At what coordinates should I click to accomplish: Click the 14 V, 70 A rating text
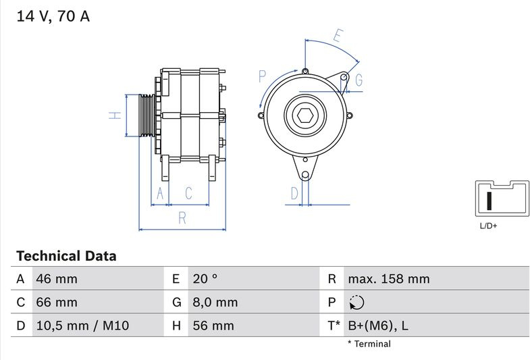click(x=53, y=16)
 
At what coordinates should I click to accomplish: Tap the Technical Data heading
click(x=66, y=256)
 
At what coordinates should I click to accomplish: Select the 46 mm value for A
click(x=57, y=279)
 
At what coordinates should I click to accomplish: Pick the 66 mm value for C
click(x=57, y=302)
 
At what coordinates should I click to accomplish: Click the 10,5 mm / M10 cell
click(x=82, y=326)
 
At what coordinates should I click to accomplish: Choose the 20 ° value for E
click(x=205, y=279)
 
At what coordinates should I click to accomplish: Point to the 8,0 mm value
click(x=215, y=302)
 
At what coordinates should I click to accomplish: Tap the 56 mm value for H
click(x=213, y=326)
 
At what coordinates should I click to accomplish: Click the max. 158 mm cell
click(x=389, y=279)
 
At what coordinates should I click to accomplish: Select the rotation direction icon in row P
click(x=356, y=302)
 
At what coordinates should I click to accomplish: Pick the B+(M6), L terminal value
click(x=378, y=326)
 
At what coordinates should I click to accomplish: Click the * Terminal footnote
click(x=369, y=344)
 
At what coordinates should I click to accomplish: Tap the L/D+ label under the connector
click(x=488, y=226)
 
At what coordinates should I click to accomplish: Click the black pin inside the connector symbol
click(x=489, y=201)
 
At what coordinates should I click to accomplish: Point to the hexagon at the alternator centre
click(x=305, y=115)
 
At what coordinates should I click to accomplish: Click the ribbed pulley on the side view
click(x=147, y=115)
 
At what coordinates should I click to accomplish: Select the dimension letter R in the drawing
click(x=182, y=218)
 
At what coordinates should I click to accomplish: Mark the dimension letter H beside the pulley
click(x=115, y=115)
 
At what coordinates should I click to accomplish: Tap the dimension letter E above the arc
click(x=338, y=36)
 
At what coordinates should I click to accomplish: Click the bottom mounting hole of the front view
click(x=305, y=175)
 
